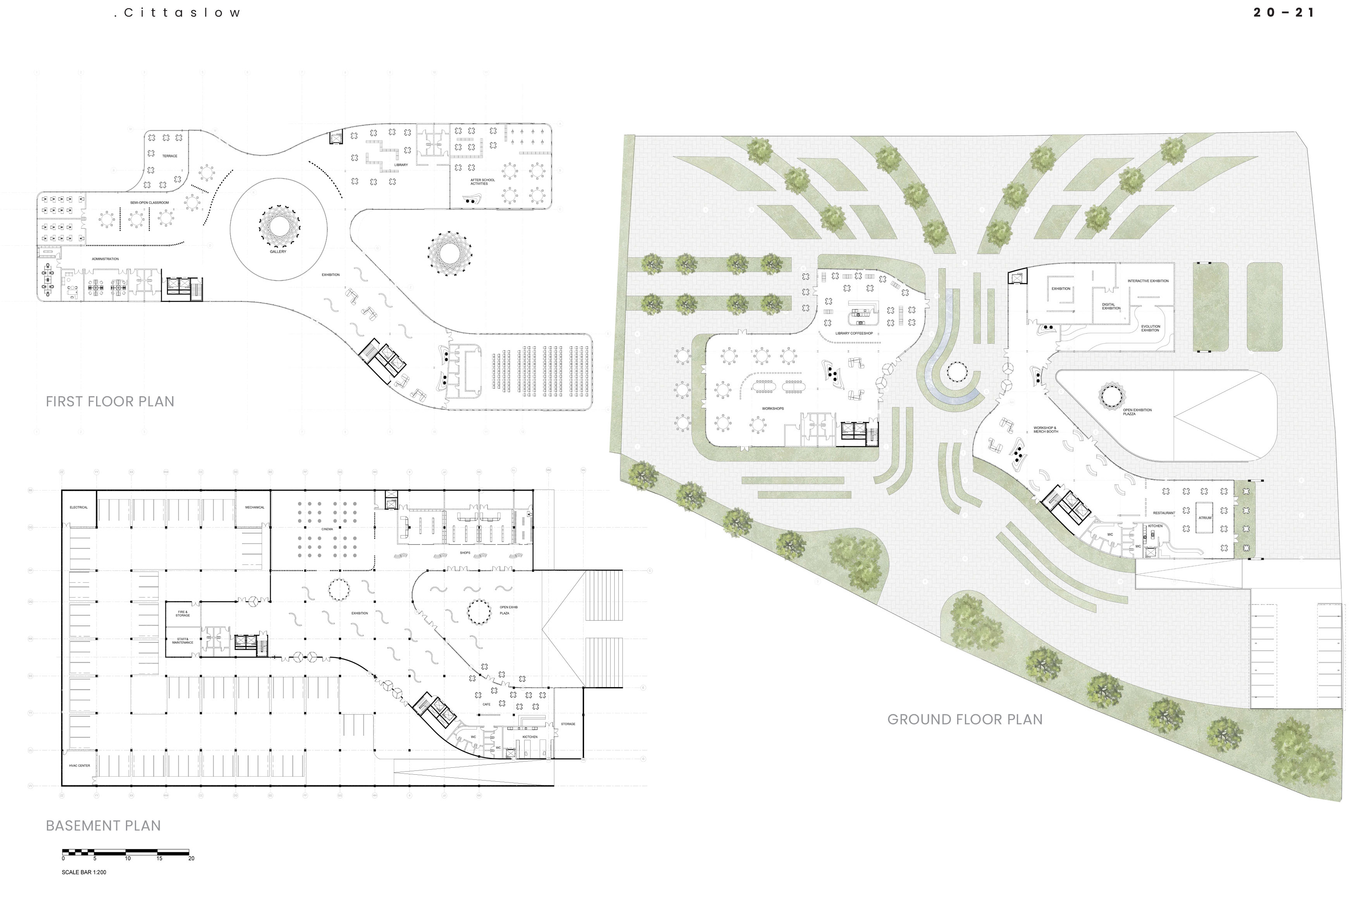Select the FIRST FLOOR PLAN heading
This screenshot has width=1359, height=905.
pos(110,401)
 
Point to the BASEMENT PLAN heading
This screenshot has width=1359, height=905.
pos(103,826)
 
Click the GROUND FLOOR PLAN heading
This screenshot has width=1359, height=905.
pos(965,719)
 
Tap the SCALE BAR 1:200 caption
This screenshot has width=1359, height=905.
pos(84,872)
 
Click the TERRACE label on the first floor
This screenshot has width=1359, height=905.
pos(170,156)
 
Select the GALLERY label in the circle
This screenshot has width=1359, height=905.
pos(277,252)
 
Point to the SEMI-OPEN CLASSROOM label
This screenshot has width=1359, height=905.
pos(150,202)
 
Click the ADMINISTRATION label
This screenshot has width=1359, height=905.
pos(105,259)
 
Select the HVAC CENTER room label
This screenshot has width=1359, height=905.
pos(79,766)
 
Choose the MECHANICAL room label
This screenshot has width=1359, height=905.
pos(254,507)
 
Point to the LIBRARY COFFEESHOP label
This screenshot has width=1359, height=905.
pos(854,333)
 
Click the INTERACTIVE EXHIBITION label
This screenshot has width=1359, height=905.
pos(1148,281)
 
